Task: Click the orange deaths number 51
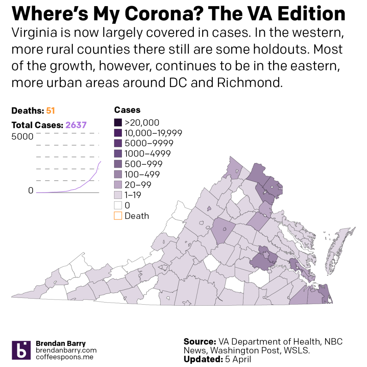click(x=51, y=111)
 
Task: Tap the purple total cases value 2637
click(x=76, y=125)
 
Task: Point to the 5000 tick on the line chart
click(x=22, y=137)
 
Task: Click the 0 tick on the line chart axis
click(x=30, y=191)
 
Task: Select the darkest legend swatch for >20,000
click(x=118, y=123)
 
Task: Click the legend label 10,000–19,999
click(x=153, y=133)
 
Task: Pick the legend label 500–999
click(x=143, y=164)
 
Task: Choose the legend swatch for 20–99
click(x=118, y=185)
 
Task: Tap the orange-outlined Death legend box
click(x=118, y=216)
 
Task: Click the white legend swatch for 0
click(x=118, y=205)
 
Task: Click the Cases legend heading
click(x=127, y=110)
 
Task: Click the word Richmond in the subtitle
click(x=250, y=83)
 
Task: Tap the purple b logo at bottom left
click(x=22, y=350)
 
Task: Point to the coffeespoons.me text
click(x=65, y=357)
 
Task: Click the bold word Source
click(x=199, y=342)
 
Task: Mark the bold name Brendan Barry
click(x=61, y=343)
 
